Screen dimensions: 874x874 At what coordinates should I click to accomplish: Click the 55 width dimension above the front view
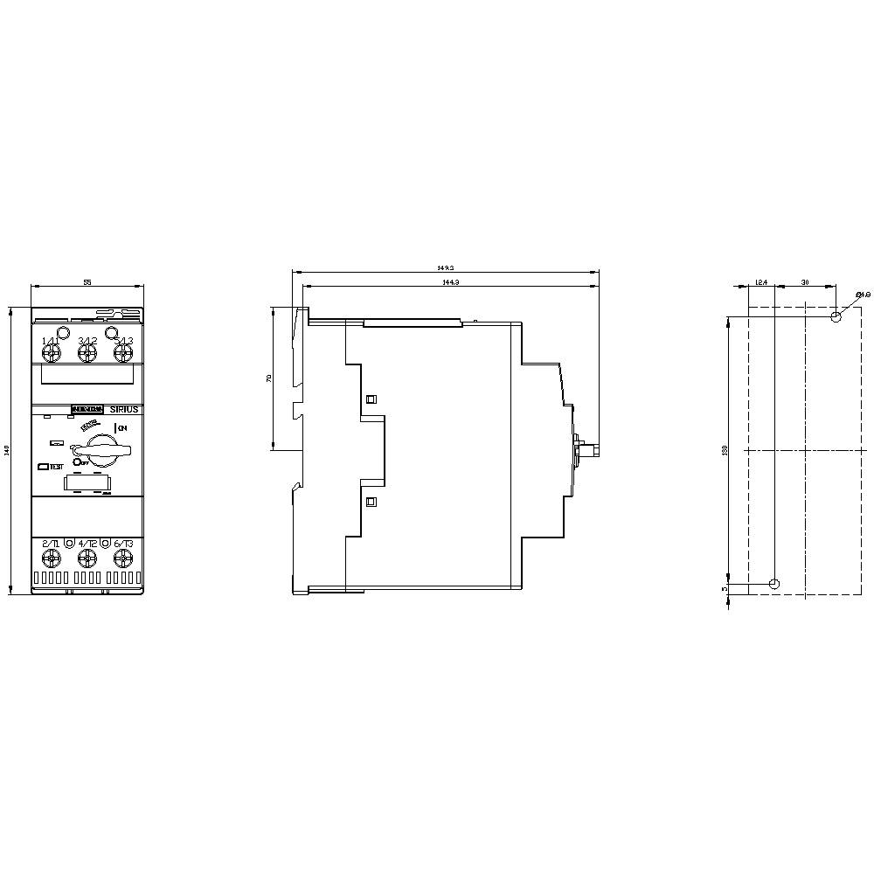[87, 283]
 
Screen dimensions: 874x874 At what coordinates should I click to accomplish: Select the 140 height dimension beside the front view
[8, 450]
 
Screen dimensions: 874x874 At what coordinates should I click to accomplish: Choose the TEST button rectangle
[43, 467]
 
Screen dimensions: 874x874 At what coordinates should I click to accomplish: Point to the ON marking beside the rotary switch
[122, 427]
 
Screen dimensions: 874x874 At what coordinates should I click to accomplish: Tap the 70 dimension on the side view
[269, 378]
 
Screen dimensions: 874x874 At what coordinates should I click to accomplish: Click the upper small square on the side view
[371, 399]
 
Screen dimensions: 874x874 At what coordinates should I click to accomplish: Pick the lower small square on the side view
[371, 502]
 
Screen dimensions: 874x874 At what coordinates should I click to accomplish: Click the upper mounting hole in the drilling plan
[836, 316]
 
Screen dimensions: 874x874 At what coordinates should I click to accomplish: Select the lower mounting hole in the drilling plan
[773, 583]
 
